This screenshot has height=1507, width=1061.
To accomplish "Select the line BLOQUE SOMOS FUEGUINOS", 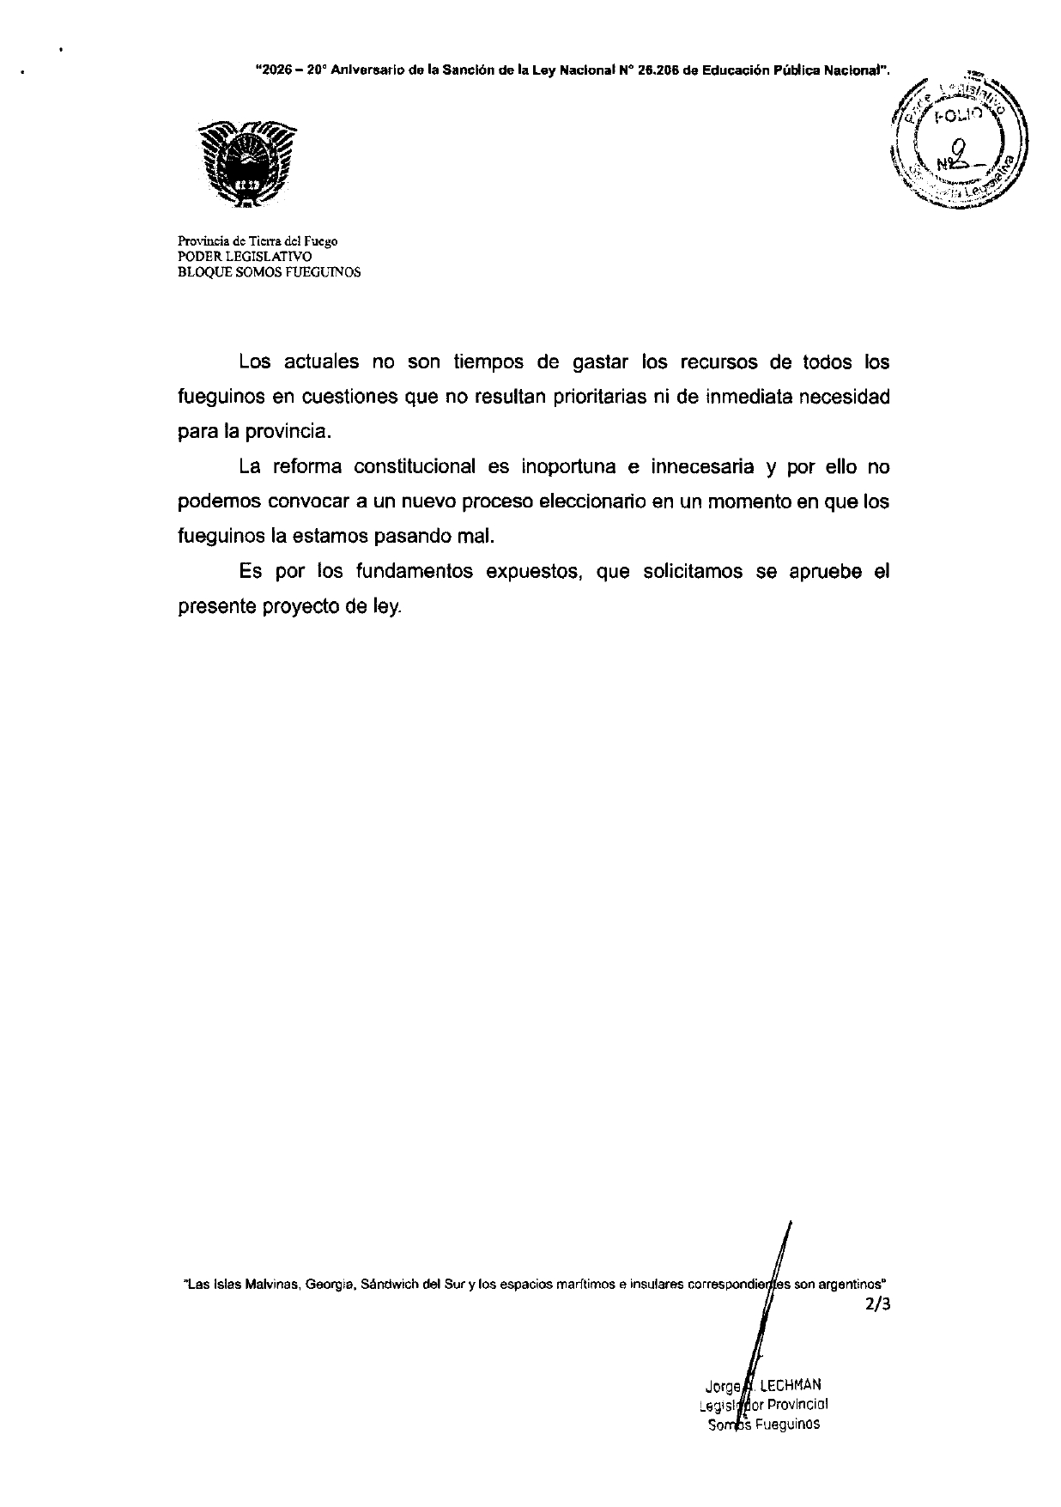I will tap(269, 272).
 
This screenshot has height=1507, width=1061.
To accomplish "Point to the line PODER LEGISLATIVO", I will tap(233, 257).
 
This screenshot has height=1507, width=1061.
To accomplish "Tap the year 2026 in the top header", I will tap(275, 73).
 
